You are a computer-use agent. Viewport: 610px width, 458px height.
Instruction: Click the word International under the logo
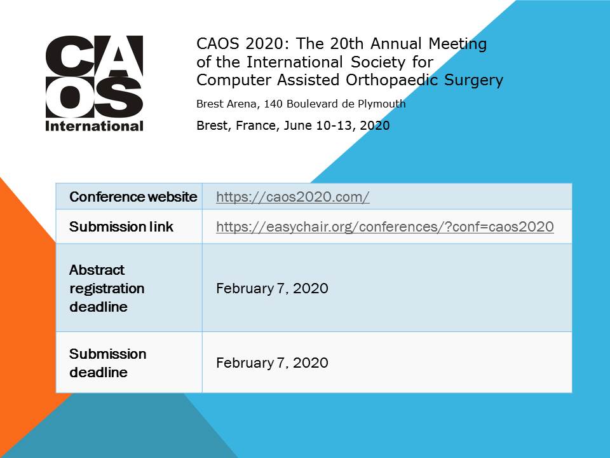pos(94,126)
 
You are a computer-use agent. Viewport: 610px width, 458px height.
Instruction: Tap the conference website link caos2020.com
pos(292,197)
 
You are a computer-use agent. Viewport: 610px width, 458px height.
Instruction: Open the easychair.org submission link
pos(384,227)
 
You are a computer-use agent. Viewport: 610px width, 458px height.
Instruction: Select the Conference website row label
pos(133,197)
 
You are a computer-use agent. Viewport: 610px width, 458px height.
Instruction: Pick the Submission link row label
pos(121,227)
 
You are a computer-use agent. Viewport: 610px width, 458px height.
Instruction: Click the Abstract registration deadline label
pos(107,288)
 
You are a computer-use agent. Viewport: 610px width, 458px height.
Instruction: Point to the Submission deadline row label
pos(107,363)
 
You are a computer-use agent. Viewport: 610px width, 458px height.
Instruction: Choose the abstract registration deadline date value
pos(272,289)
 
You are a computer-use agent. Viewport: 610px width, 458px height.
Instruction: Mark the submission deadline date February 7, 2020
pos(272,363)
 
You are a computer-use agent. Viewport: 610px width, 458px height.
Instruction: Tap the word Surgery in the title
pos(475,80)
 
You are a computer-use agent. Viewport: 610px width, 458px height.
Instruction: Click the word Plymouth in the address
pos(381,104)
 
